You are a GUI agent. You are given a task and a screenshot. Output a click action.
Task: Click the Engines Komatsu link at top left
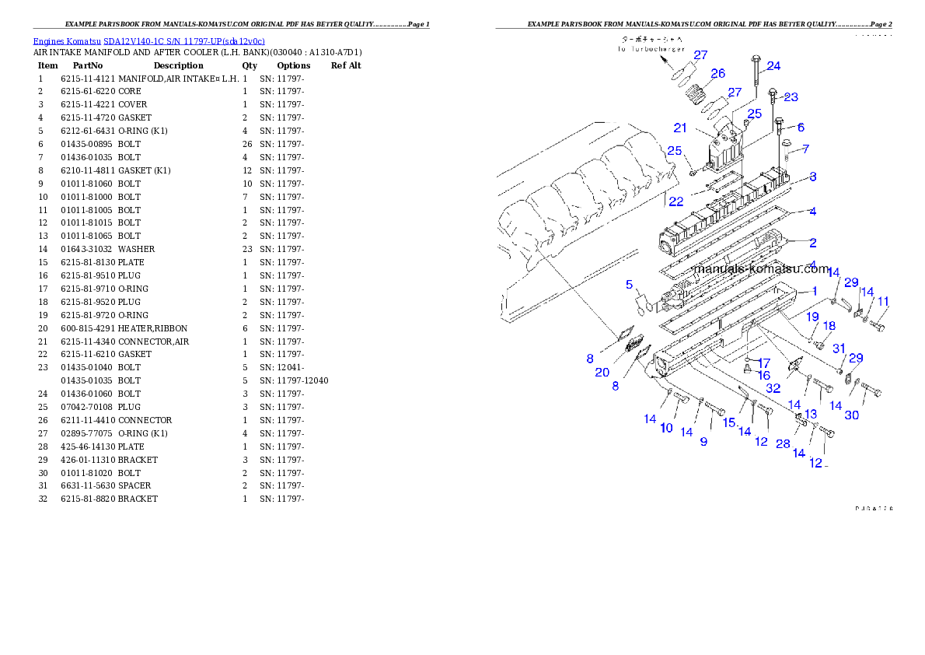(x=148, y=41)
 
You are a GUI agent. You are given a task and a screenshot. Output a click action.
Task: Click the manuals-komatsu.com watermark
(x=762, y=268)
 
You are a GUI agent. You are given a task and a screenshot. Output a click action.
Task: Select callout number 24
(x=773, y=66)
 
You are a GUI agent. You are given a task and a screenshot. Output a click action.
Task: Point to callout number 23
(x=791, y=97)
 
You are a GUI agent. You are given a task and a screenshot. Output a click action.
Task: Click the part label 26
(x=717, y=74)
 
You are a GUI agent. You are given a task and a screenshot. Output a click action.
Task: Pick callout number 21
(x=680, y=128)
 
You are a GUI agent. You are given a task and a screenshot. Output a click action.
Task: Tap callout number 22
(x=675, y=201)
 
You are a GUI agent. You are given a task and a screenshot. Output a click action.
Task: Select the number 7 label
(x=806, y=149)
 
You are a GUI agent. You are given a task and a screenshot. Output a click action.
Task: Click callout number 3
(x=812, y=177)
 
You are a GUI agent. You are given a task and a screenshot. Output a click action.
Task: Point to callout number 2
(x=812, y=243)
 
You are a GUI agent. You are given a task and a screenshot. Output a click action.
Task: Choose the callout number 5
(x=630, y=285)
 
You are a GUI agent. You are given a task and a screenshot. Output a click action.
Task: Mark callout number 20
(x=602, y=373)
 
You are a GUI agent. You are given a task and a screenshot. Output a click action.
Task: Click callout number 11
(x=883, y=302)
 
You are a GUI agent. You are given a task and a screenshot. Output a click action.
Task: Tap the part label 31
(x=838, y=348)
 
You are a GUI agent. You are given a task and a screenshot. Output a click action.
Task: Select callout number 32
(x=773, y=388)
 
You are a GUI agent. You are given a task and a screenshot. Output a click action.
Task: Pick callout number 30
(x=852, y=415)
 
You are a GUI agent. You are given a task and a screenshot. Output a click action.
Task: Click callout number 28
(x=782, y=443)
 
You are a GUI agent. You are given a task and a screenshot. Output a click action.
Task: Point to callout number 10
(x=666, y=429)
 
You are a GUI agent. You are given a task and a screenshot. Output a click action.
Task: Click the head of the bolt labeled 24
(x=755, y=58)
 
